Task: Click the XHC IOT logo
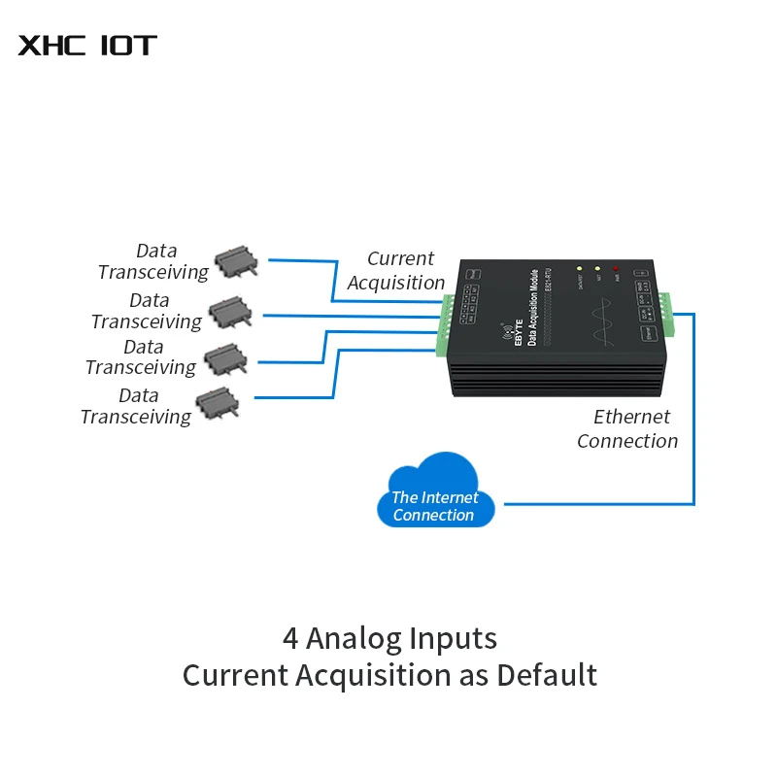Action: tap(87, 45)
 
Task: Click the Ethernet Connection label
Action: tap(627, 428)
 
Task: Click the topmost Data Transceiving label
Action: tap(152, 262)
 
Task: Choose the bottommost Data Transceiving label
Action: tap(136, 406)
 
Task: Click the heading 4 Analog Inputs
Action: tap(389, 638)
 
